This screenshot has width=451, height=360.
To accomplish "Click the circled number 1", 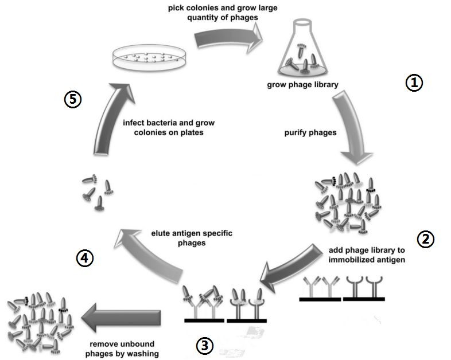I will coord(414,83).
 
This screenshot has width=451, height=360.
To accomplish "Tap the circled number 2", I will coord(425,239).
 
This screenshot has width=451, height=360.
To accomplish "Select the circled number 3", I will coord(205,345).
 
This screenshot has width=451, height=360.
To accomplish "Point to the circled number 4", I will coord(84,259).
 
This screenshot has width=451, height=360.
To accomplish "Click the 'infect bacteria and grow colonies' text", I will coord(163,126).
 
